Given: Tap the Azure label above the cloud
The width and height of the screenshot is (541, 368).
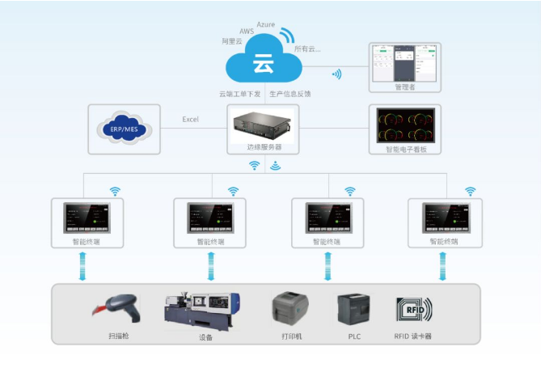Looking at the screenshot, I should tap(268, 25).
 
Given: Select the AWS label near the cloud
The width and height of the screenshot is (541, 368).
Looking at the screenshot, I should tap(247, 32).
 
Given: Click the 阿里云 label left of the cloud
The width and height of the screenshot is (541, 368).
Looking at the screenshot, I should tap(232, 40).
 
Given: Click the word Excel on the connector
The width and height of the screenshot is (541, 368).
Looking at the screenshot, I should tap(190, 120).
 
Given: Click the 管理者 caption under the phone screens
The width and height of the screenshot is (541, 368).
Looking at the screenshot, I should tap(404, 87).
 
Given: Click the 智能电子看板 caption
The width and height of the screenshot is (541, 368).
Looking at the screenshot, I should tap(404, 150).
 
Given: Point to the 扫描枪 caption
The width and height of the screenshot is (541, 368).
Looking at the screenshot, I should tap(116, 336).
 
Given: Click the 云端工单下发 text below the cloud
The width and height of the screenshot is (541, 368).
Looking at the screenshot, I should tap(239, 93).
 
